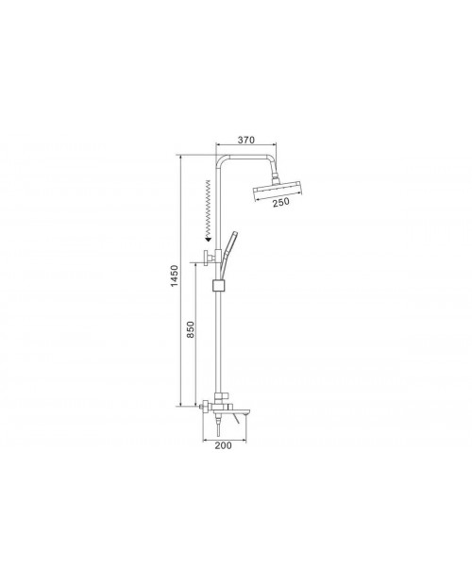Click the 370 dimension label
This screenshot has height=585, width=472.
245,140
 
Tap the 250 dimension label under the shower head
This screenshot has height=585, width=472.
281,202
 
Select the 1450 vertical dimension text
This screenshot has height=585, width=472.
175,276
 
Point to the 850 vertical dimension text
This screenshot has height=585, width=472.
190,329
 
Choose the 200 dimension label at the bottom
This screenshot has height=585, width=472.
223,445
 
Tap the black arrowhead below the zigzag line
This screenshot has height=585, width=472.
209,239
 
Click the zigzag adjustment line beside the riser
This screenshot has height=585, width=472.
209,209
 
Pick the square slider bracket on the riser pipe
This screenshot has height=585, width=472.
218,285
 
